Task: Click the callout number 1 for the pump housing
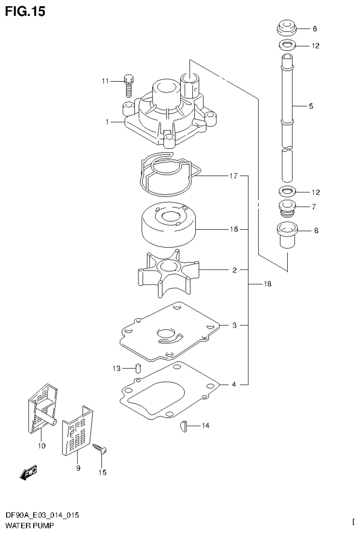pyautogui.click(x=107, y=122)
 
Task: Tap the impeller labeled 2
pyautogui.click(x=167, y=272)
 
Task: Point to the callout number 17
pyautogui.click(x=233, y=176)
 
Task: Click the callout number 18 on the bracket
pyautogui.click(x=267, y=284)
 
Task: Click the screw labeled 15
pyautogui.click(x=102, y=449)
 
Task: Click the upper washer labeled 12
pyautogui.click(x=287, y=46)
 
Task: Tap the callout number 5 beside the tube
pyautogui.click(x=311, y=106)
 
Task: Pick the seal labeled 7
pyautogui.click(x=286, y=208)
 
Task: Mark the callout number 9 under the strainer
pyautogui.click(x=78, y=468)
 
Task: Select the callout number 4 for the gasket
pyautogui.click(x=234, y=385)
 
